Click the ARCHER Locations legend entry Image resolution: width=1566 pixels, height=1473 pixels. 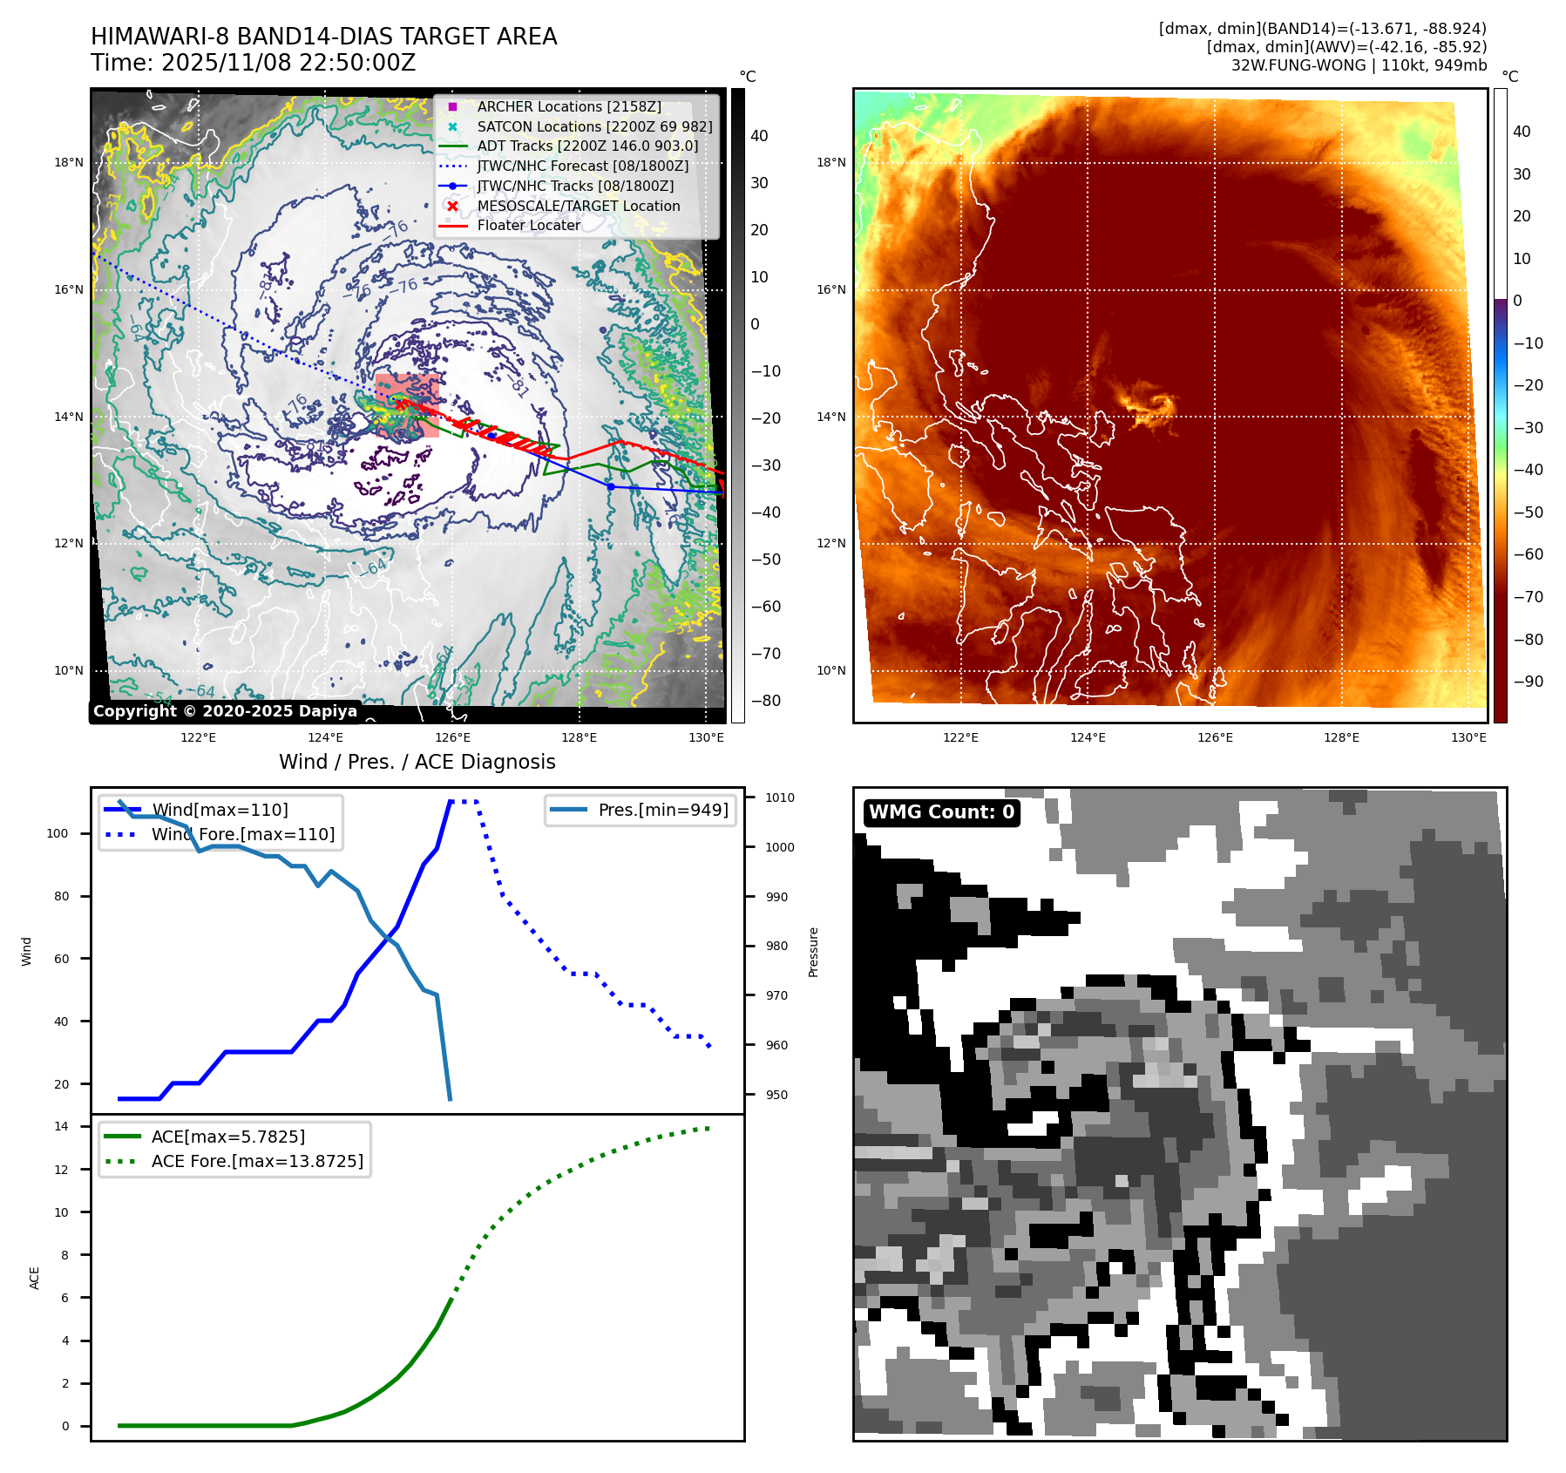pos(568,106)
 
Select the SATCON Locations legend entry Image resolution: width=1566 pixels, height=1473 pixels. pos(594,126)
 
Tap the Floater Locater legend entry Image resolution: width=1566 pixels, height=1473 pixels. pos(528,225)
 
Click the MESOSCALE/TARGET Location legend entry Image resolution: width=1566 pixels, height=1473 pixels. pos(578,206)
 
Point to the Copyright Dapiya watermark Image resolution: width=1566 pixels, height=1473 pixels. pos(225,711)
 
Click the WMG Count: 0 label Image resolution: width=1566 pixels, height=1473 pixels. pos(941,812)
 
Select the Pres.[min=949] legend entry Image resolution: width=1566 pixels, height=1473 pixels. pos(662,810)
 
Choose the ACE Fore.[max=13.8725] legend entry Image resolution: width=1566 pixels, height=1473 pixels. pos(257,1161)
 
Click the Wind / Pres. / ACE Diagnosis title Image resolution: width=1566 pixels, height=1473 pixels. pos(417,762)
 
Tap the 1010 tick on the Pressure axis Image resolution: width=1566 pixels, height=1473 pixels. pos(779,798)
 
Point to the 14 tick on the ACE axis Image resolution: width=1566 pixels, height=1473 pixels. pos(62,1126)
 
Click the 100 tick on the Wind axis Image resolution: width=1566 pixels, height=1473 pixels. pos(58,833)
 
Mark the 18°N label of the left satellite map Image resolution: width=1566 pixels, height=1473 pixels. pos(69,162)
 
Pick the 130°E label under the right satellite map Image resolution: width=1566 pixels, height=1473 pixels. pos(1468,737)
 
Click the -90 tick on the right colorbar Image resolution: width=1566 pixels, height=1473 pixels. pos(1528,682)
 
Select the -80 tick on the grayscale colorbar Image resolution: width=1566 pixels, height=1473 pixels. pos(766,701)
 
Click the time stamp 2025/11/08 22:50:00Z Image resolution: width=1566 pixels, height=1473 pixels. pos(288,63)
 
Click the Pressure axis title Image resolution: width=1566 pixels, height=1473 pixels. pos(813,952)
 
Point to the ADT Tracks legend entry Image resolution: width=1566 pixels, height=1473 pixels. pos(587,146)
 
